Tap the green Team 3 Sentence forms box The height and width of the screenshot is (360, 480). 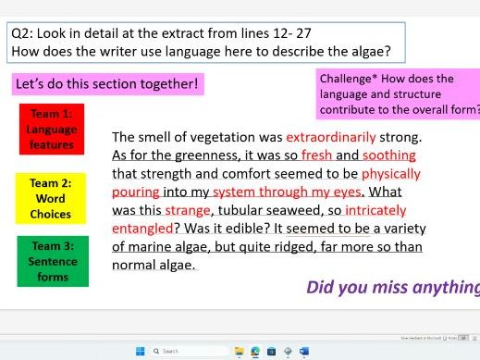[54, 260]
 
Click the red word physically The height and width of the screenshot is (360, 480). [390, 173]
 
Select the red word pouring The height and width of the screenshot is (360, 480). [136, 192]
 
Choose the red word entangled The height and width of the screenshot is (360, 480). [142, 228]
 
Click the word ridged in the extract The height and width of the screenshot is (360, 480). [302, 246]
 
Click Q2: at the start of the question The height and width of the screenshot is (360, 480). [22, 32]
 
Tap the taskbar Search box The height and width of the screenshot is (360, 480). [185, 351]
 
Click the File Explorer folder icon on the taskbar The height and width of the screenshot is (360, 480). [240, 351]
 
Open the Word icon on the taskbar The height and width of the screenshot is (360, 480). [303, 351]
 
